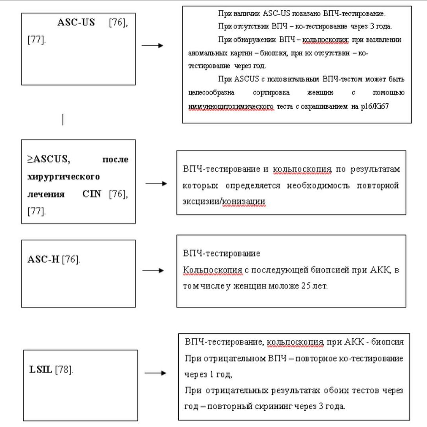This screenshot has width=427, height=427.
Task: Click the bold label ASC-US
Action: point(76,23)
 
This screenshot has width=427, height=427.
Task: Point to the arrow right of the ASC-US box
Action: point(152,45)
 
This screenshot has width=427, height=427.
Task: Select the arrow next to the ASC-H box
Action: point(153,271)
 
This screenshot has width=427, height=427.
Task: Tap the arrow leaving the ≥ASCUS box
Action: point(157,184)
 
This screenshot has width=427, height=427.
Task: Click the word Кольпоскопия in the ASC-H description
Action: point(212,270)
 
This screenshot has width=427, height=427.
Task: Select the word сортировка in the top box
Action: point(269,93)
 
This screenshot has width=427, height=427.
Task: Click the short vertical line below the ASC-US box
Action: point(63,119)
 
